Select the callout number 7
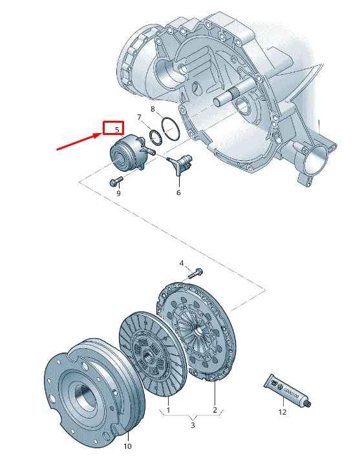coord(139,117)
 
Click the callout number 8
coord(153,109)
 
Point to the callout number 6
coord(178,192)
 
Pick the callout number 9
coord(118,193)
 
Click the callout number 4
coord(182,263)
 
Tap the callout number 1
coord(168,410)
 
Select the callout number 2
coord(215,410)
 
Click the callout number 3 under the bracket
coord(191,424)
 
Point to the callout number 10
coord(127,446)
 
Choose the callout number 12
coord(282,412)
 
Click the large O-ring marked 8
coord(170,129)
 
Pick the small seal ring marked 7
coord(155,136)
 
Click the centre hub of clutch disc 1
coord(148,353)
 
